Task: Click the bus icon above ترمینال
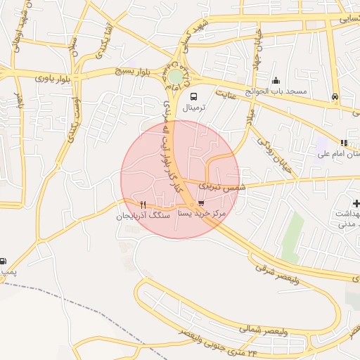pos(193,97)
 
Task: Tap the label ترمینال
pos(195,108)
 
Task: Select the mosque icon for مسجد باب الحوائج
pos(275,80)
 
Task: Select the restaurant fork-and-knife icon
pos(143,205)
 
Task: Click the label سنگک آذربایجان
pos(143,217)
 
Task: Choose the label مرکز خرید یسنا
pos(202,212)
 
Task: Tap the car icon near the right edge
pos(335,96)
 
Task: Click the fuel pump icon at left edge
pos(3,261)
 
